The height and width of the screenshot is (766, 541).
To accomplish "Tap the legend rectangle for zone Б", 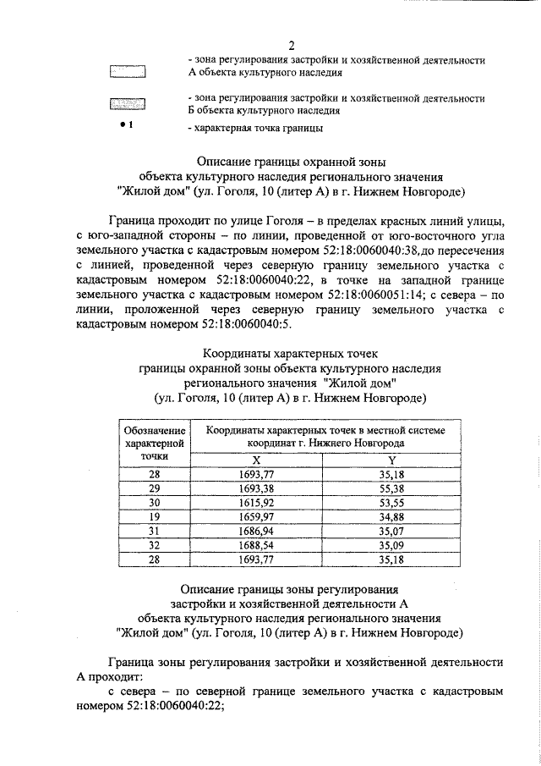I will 128,105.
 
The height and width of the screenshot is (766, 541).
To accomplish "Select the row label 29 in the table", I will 154,489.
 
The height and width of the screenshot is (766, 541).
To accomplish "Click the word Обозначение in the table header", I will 154,431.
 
